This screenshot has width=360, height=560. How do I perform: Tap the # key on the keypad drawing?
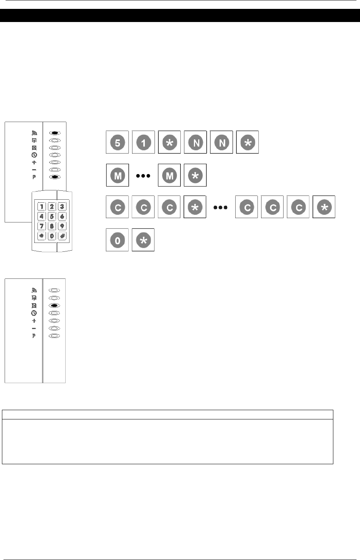pyautogui.click(x=61, y=236)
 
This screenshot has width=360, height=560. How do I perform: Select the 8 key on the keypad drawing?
pyautogui.click(x=52, y=226)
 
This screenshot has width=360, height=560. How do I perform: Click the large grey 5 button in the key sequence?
pyautogui.click(x=117, y=143)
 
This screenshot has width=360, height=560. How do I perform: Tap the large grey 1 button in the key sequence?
pyautogui.click(x=143, y=143)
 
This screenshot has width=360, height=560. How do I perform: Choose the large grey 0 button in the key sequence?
pyautogui.click(x=117, y=240)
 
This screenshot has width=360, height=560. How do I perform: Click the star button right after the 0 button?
pyautogui.click(x=143, y=240)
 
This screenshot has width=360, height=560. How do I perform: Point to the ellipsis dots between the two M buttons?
pyautogui.click(x=143, y=175)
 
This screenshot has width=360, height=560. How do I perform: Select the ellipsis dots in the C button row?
pyautogui.click(x=221, y=208)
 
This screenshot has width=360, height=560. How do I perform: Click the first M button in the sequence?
pyautogui.click(x=117, y=175)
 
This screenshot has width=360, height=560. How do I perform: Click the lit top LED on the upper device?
pyautogui.click(x=54, y=132)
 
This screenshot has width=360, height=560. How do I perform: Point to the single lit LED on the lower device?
pyautogui.click(x=54, y=305)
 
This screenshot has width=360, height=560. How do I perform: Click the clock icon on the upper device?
pyautogui.click(x=34, y=155)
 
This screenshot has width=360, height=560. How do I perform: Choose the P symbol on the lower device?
pyautogui.click(x=34, y=336)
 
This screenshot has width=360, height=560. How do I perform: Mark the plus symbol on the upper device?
pyautogui.click(x=34, y=162)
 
